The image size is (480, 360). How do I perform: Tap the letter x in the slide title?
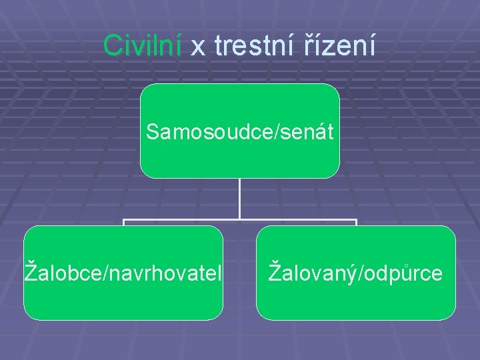click(x=199, y=47)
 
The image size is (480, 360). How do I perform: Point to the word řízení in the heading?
click(x=343, y=45)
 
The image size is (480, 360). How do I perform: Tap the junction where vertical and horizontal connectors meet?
click(x=239, y=219)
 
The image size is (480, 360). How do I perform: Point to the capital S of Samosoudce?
click(x=153, y=131)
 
